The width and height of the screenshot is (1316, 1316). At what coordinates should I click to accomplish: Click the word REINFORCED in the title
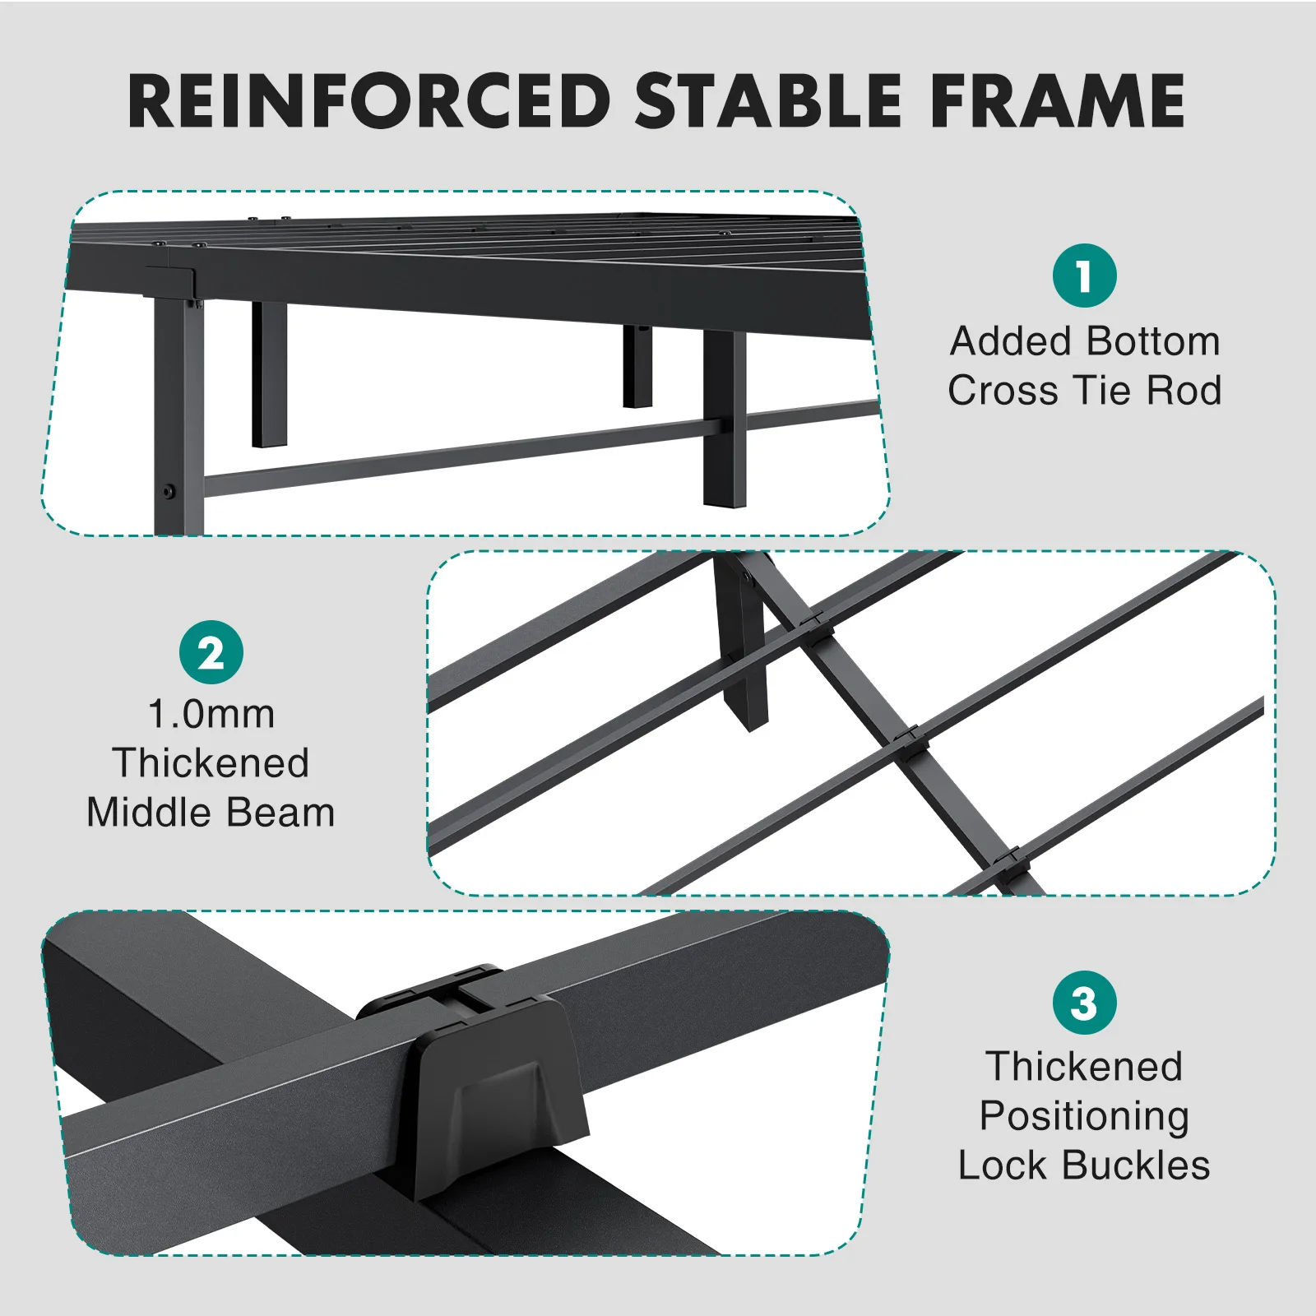[x=369, y=101]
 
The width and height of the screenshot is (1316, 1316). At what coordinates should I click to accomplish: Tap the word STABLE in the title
[x=768, y=101]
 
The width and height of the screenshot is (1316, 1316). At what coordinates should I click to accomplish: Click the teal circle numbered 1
[x=1084, y=276]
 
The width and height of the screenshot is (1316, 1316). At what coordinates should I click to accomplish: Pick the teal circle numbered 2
[x=211, y=652]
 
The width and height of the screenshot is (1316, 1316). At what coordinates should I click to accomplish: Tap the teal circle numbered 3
[x=1084, y=1003]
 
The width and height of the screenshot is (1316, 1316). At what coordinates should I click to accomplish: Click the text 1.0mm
[x=211, y=714]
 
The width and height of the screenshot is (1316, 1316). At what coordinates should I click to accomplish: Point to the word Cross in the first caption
[x=1002, y=390]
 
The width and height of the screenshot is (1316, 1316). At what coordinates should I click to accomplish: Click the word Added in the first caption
[x=1010, y=341]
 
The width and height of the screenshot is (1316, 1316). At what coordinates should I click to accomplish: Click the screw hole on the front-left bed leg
[x=169, y=492]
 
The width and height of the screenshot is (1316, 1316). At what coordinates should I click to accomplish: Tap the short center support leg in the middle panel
[x=743, y=642]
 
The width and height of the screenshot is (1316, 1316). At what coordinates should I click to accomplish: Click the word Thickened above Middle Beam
[x=211, y=763]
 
